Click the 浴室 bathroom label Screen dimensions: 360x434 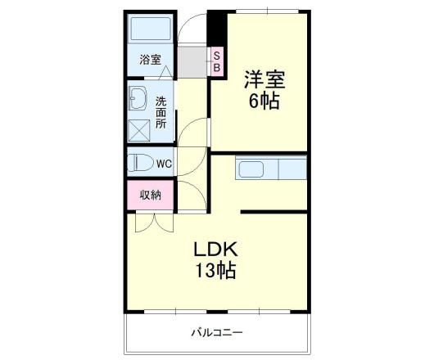click(150, 60)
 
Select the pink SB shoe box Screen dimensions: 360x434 click(217, 61)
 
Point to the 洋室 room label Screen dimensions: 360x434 click(264, 81)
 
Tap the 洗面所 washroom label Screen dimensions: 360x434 click(160, 112)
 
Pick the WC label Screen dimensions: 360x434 click(164, 163)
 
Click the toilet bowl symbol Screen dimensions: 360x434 click(139, 162)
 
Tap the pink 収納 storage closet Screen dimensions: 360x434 click(150, 194)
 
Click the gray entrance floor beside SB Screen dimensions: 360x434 click(192, 60)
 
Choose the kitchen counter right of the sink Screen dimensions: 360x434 click(292, 170)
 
